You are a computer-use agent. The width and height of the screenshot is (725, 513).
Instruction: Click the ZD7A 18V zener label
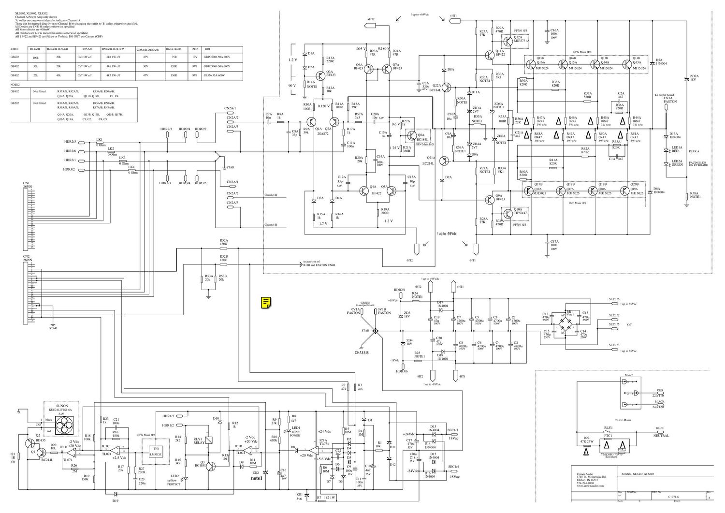pyautogui.click(x=695, y=78)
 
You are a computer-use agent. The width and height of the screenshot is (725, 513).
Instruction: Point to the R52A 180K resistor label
pyautogui.click(x=223, y=242)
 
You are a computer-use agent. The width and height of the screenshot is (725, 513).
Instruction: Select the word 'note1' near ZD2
pyautogui.click(x=256, y=479)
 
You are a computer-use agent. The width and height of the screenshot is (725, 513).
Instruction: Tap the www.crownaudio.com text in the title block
pyautogui.click(x=590, y=485)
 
